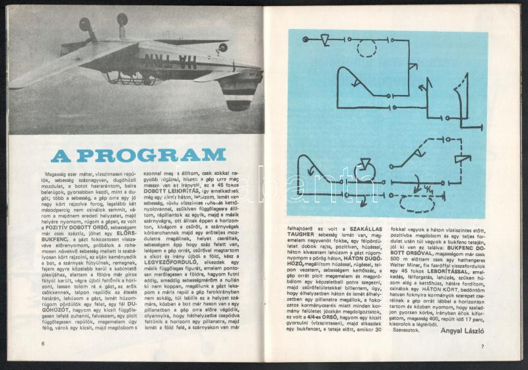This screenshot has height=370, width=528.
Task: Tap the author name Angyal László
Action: (458, 331)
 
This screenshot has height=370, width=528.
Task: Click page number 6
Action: (42, 343)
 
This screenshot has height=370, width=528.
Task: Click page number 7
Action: (482, 347)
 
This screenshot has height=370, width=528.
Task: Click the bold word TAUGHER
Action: (300, 235)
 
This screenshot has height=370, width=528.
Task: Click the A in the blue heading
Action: (61, 156)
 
